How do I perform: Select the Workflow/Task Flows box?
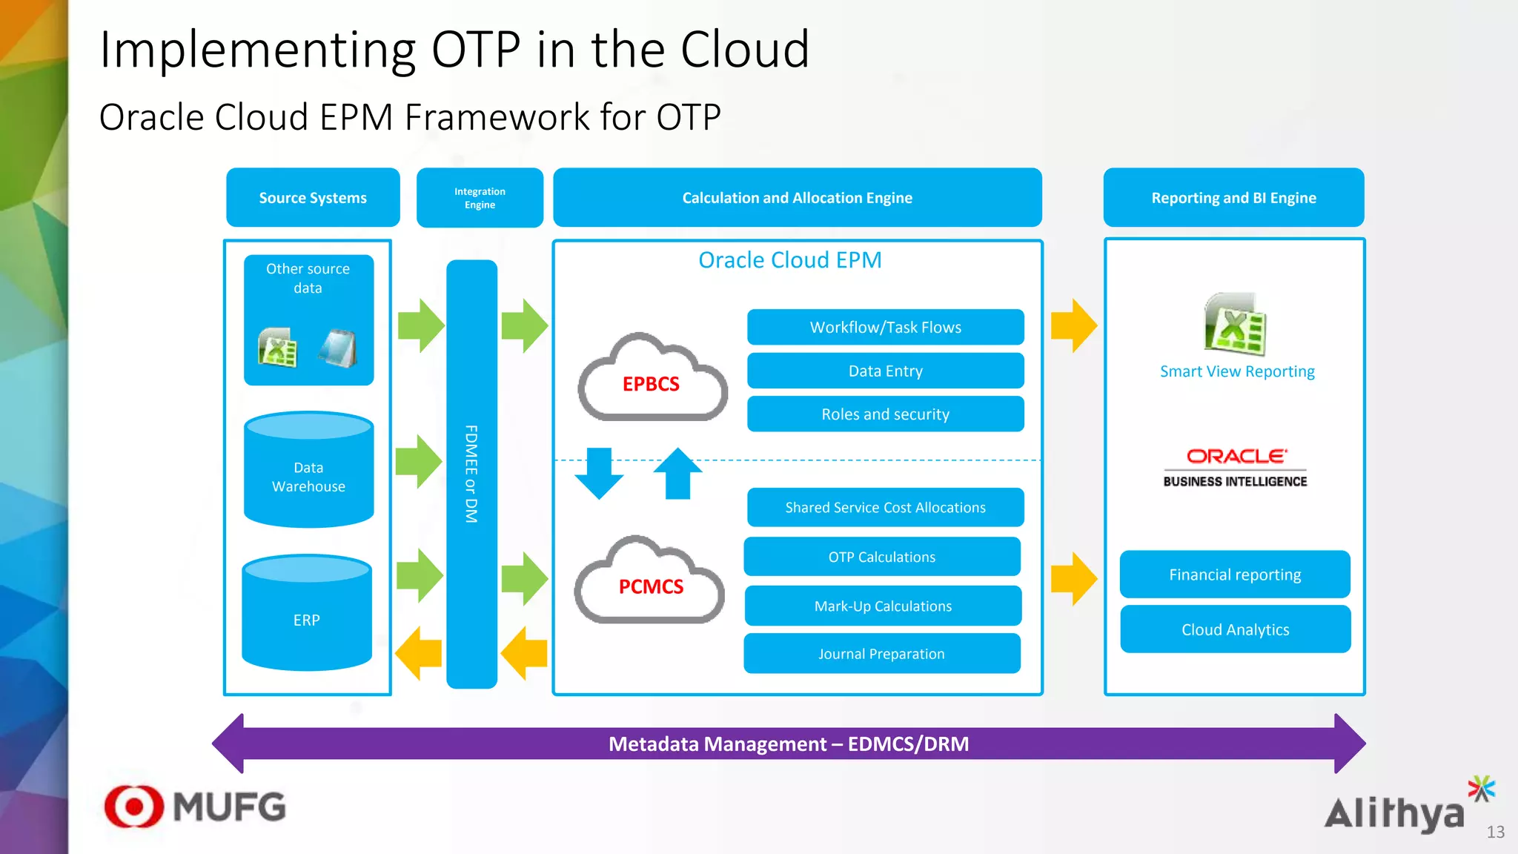885,327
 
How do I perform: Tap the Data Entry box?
885,371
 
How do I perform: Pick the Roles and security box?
885,414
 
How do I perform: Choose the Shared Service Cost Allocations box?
885,507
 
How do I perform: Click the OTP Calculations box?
882,557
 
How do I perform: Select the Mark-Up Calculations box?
883,606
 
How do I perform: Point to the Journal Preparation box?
881,653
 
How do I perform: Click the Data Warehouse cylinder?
308,474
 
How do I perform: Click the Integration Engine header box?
480,198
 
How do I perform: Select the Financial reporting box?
1235,575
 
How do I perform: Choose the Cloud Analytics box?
1235,629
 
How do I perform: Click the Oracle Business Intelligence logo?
1235,468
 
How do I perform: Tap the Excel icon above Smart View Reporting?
1235,325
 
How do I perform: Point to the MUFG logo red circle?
134,806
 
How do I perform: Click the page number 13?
1495,832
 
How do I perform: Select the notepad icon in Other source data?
338,348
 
